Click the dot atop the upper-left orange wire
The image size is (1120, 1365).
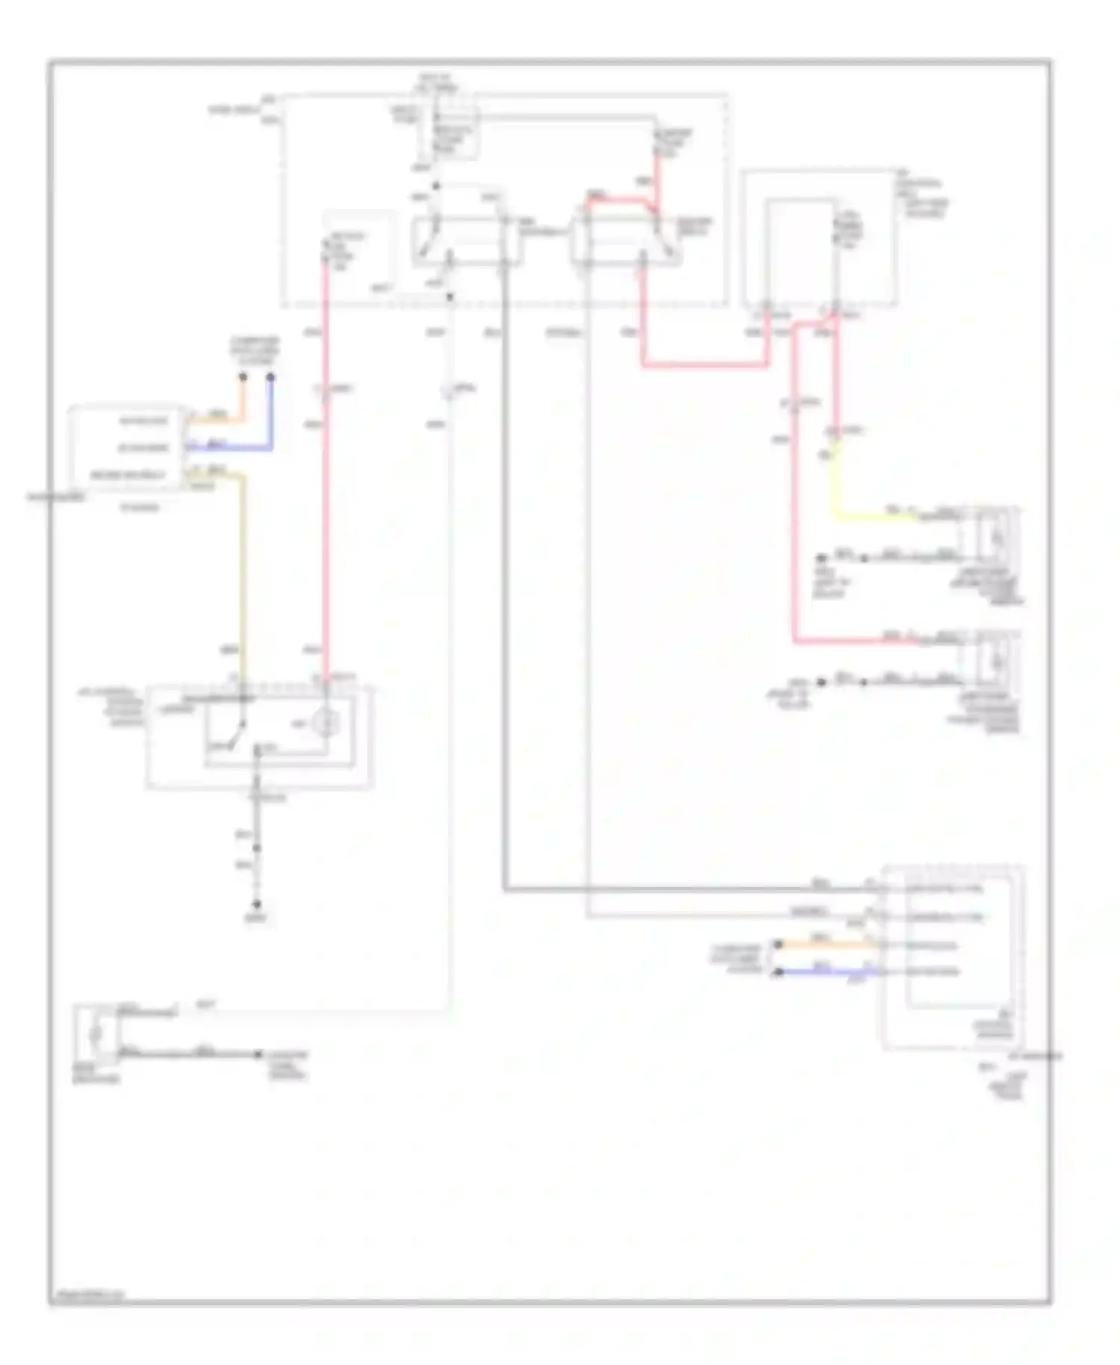[x=243, y=377]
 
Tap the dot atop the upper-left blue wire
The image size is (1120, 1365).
[x=270, y=377]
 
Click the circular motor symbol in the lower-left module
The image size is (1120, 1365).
[x=326, y=722]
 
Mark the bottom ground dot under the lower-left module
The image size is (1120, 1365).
[x=256, y=903]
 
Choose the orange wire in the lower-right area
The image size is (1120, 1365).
[x=829, y=945]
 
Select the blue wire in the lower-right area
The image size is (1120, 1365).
[x=829, y=972]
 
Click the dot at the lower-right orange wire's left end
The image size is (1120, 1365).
[x=778, y=945]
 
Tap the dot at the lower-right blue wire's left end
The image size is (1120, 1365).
[x=778, y=972]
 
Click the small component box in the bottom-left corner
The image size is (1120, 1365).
[x=96, y=1034]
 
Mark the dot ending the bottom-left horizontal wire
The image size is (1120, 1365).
[x=258, y=1054]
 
